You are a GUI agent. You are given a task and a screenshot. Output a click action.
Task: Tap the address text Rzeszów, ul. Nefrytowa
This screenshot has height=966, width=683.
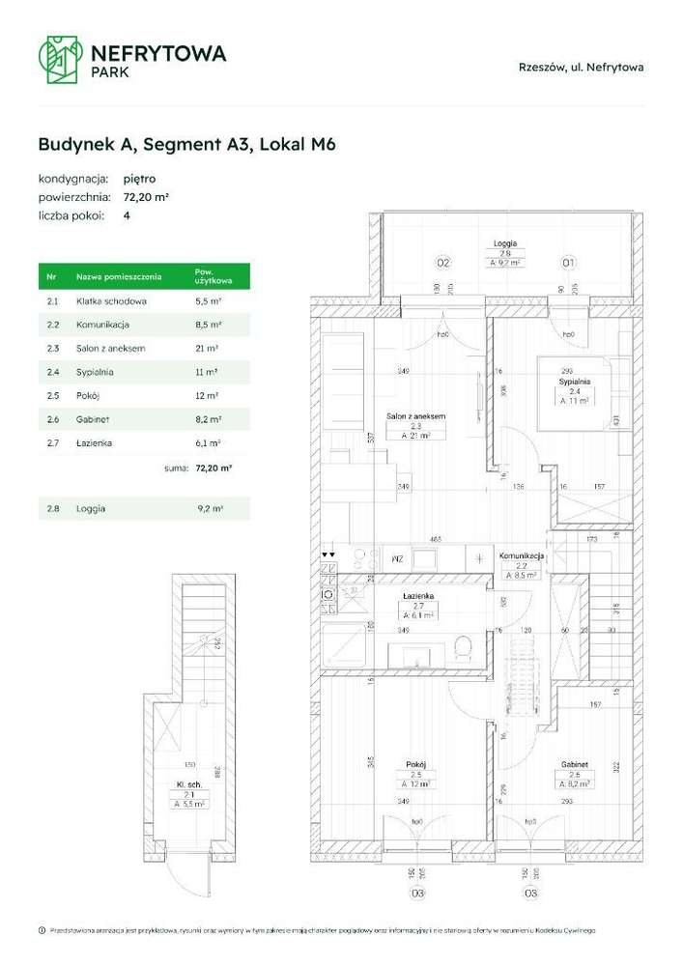click(581, 68)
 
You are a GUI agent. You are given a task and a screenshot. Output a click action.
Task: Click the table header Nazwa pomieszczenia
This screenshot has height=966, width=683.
click(115, 277)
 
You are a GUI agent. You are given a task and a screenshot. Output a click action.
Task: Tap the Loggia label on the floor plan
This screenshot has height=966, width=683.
click(503, 243)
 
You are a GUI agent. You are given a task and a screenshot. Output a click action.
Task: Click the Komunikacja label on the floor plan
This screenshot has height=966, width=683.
click(522, 556)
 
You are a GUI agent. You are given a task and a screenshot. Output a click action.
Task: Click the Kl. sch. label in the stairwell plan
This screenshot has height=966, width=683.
click(190, 784)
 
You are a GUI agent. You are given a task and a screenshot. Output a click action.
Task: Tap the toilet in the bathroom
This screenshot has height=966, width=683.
click(462, 647)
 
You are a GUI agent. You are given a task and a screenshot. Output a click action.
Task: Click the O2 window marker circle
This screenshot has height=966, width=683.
click(443, 263)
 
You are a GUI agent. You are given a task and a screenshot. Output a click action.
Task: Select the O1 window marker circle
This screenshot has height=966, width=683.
click(569, 263)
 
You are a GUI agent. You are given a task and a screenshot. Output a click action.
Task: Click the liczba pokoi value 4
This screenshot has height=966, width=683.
click(127, 215)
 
